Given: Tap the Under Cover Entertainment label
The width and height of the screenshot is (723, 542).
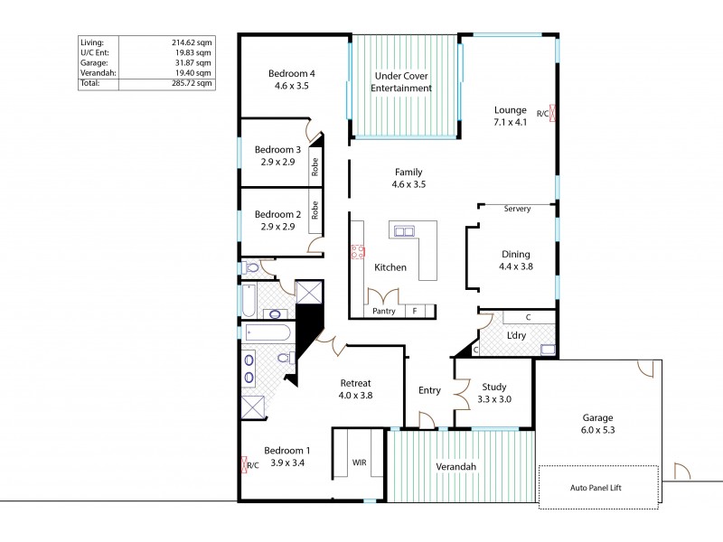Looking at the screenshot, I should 401,82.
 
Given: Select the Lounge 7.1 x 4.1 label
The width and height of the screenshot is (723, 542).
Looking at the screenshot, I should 510,115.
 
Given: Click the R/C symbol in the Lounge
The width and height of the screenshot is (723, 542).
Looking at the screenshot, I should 553,113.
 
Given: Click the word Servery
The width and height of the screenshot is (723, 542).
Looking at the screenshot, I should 517,209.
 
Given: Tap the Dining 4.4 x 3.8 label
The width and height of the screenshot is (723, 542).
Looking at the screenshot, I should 514,260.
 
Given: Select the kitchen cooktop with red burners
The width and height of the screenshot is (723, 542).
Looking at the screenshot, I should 357,253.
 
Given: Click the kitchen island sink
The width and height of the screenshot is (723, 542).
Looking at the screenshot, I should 402,230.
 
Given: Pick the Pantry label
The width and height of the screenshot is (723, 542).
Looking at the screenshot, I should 383,312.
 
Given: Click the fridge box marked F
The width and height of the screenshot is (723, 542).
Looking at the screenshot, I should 415,312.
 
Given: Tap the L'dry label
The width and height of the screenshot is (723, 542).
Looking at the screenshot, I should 516,335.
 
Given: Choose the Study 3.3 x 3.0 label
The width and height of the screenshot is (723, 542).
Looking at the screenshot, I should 493,392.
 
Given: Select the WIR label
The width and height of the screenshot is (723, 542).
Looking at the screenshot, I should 359,463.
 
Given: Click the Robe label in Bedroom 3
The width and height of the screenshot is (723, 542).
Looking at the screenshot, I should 315,166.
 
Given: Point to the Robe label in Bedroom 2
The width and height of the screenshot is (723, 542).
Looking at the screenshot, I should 315,211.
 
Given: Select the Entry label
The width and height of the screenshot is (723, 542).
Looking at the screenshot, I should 429,390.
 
